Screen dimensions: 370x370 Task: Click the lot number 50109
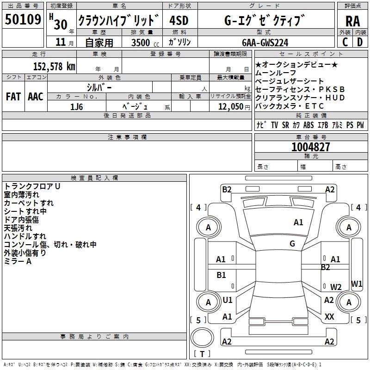(23, 20)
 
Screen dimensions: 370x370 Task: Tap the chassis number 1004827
(311, 147)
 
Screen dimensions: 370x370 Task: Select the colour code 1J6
(77, 106)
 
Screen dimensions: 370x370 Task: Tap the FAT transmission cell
(13, 96)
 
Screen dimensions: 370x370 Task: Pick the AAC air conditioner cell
(36, 96)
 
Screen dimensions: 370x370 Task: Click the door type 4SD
(179, 20)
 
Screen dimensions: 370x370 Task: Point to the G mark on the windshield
(292, 244)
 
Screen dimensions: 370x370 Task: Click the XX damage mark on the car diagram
(330, 317)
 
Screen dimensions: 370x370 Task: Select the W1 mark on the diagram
(357, 284)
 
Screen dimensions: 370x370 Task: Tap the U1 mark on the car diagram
(228, 300)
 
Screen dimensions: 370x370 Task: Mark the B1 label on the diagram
(222, 275)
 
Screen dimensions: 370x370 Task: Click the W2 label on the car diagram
(336, 287)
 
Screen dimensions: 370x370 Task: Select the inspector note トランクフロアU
(32, 186)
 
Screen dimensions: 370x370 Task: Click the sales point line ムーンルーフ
(276, 73)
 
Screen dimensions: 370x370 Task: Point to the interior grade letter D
(359, 42)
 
